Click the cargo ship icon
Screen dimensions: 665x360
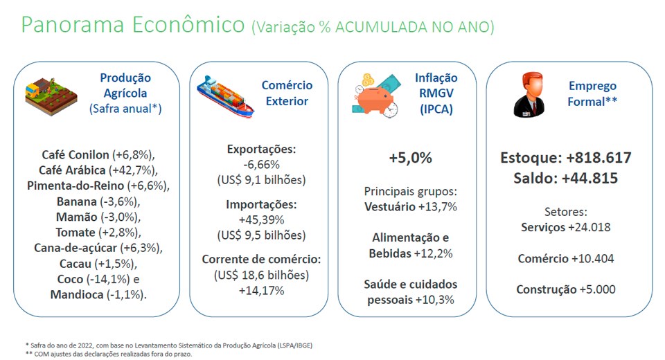click(x=224, y=96)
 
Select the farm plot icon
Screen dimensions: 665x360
click(x=51, y=96)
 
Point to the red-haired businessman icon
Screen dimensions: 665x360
click(x=529, y=95)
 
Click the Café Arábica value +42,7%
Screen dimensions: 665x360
click(x=133, y=170)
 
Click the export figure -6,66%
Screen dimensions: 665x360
click(x=261, y=165)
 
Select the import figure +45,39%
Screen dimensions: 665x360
click(x=261, y=219)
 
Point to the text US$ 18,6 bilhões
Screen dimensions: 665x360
click(x=261, y=276)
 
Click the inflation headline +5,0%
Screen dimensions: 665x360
click(x=411, y=158)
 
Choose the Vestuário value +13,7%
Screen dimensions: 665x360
click(x=438, y=207)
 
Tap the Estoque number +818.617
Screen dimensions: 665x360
click(x=598, y=158)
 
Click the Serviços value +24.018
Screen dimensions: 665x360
click(x=589, y=227)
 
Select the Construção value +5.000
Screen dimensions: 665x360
click(x=597, y=289)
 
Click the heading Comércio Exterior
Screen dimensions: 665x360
click(x=287, y=93)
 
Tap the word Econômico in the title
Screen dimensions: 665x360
click(x=188, y=24)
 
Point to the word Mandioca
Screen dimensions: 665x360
click(x=77, y=294)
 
